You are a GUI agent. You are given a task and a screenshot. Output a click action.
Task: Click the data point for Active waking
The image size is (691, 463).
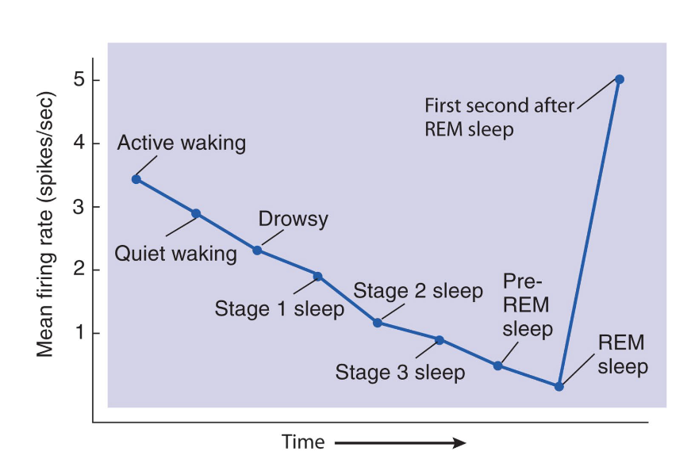click(136, 179)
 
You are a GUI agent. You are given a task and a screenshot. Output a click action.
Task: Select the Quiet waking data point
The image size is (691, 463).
click(196, 213)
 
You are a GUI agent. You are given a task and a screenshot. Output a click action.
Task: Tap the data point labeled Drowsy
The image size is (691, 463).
click(257, 251)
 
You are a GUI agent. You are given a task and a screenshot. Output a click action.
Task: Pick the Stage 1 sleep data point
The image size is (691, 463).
click(317, 276)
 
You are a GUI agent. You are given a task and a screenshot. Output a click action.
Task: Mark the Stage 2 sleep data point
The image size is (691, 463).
click(378, 323)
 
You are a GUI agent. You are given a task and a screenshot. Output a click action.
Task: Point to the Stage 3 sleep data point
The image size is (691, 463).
click(439, 340)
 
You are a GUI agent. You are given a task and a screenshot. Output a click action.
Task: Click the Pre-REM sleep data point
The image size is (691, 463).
click(498, 365)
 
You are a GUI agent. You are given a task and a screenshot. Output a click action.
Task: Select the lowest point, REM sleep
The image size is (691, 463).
click(559, 386)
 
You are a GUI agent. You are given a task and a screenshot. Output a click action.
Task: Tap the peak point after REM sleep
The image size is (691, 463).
click(620, 79)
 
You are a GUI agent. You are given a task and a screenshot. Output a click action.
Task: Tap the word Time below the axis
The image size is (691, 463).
click(303, 442)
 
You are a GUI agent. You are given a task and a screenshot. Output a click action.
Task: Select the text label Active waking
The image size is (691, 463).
click(182, 143)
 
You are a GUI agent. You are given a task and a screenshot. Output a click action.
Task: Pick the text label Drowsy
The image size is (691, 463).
click(294, 220)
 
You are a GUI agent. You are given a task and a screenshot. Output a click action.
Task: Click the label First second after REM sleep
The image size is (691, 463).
click(498, 117)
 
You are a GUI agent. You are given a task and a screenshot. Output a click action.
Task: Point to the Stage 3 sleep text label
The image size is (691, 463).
click(400, 371)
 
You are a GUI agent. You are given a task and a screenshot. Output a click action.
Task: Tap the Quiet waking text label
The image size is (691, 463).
click(176, 254)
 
